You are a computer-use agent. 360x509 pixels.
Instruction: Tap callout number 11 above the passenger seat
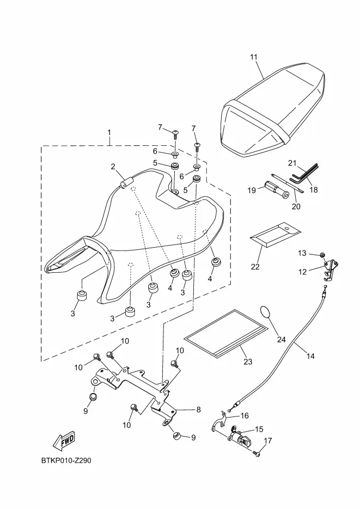[x=254, y=57]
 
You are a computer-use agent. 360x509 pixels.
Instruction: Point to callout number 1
[x=109, y=133]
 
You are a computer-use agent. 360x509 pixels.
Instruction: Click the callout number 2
[x=113, y=167]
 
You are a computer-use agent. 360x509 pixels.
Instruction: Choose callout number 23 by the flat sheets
[x=248, y=361]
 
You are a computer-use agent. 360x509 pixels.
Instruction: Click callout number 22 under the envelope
[x=255, y=267]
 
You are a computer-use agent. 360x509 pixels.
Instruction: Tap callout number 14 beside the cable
[x=310, y=357]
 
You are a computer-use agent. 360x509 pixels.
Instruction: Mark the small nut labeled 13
[x=323, y=255]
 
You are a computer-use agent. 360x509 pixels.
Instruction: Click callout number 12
[x=303, y=271]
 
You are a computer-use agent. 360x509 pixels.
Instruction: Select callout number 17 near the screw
[x=267, y=441]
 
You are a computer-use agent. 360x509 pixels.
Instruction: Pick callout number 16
[x=245, y=415]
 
